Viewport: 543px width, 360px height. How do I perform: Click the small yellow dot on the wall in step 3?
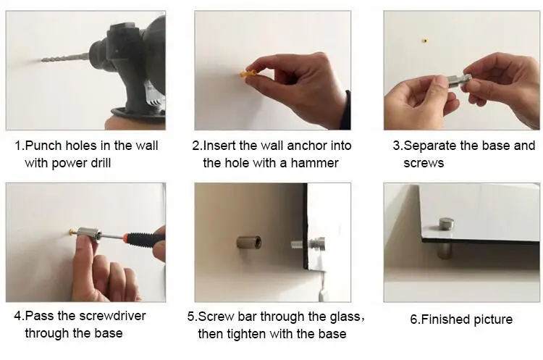click(x=425, y=41)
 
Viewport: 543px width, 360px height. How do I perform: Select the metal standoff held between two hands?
click(x=458, y=82)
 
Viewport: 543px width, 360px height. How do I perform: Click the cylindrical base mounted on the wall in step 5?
click(x=249, y=243)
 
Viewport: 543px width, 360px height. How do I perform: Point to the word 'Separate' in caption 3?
click(x=431, y=146)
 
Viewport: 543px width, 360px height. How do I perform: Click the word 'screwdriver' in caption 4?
click(x=112, y=316)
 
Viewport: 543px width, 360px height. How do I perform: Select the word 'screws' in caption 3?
click(x=424, y=163)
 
